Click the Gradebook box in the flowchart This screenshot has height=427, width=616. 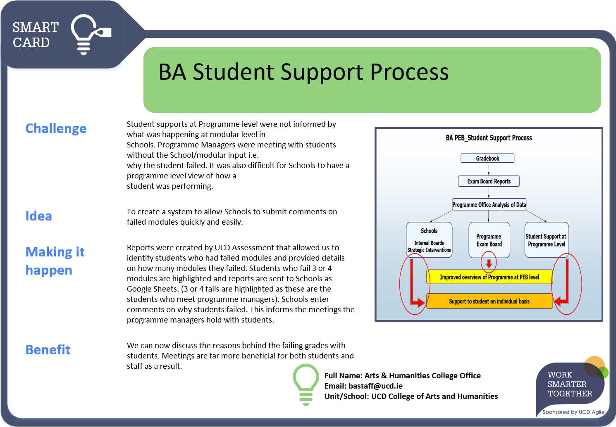[x=487, y=158]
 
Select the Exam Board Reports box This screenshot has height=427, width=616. [x=489, y=181]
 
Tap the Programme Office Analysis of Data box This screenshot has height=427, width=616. [x=489, y=204]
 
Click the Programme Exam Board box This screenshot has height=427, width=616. [x=489, y=240]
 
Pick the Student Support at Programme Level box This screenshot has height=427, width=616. [x=546, y=240]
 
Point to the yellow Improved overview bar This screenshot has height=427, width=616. [x=489, y=277]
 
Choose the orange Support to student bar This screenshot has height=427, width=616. [x=489, y=301]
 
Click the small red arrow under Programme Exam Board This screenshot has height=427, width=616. [x=489, y=263]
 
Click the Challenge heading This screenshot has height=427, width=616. [x=56, y=128]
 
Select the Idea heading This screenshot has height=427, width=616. [x=38, y=216]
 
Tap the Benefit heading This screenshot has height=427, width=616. [x=48, y=350]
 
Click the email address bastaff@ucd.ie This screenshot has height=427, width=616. [x=375, y=386]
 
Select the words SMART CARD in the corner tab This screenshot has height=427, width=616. [x=36, y=35]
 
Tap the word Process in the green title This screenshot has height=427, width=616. [x=409, y=72]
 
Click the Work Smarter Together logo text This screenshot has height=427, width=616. [x=570, y=384]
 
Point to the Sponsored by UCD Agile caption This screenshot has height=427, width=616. [x=573, y=412]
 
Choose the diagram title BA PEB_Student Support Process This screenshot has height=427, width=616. [x=489, y=138]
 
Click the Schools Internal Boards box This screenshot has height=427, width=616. [x=429, y=240]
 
